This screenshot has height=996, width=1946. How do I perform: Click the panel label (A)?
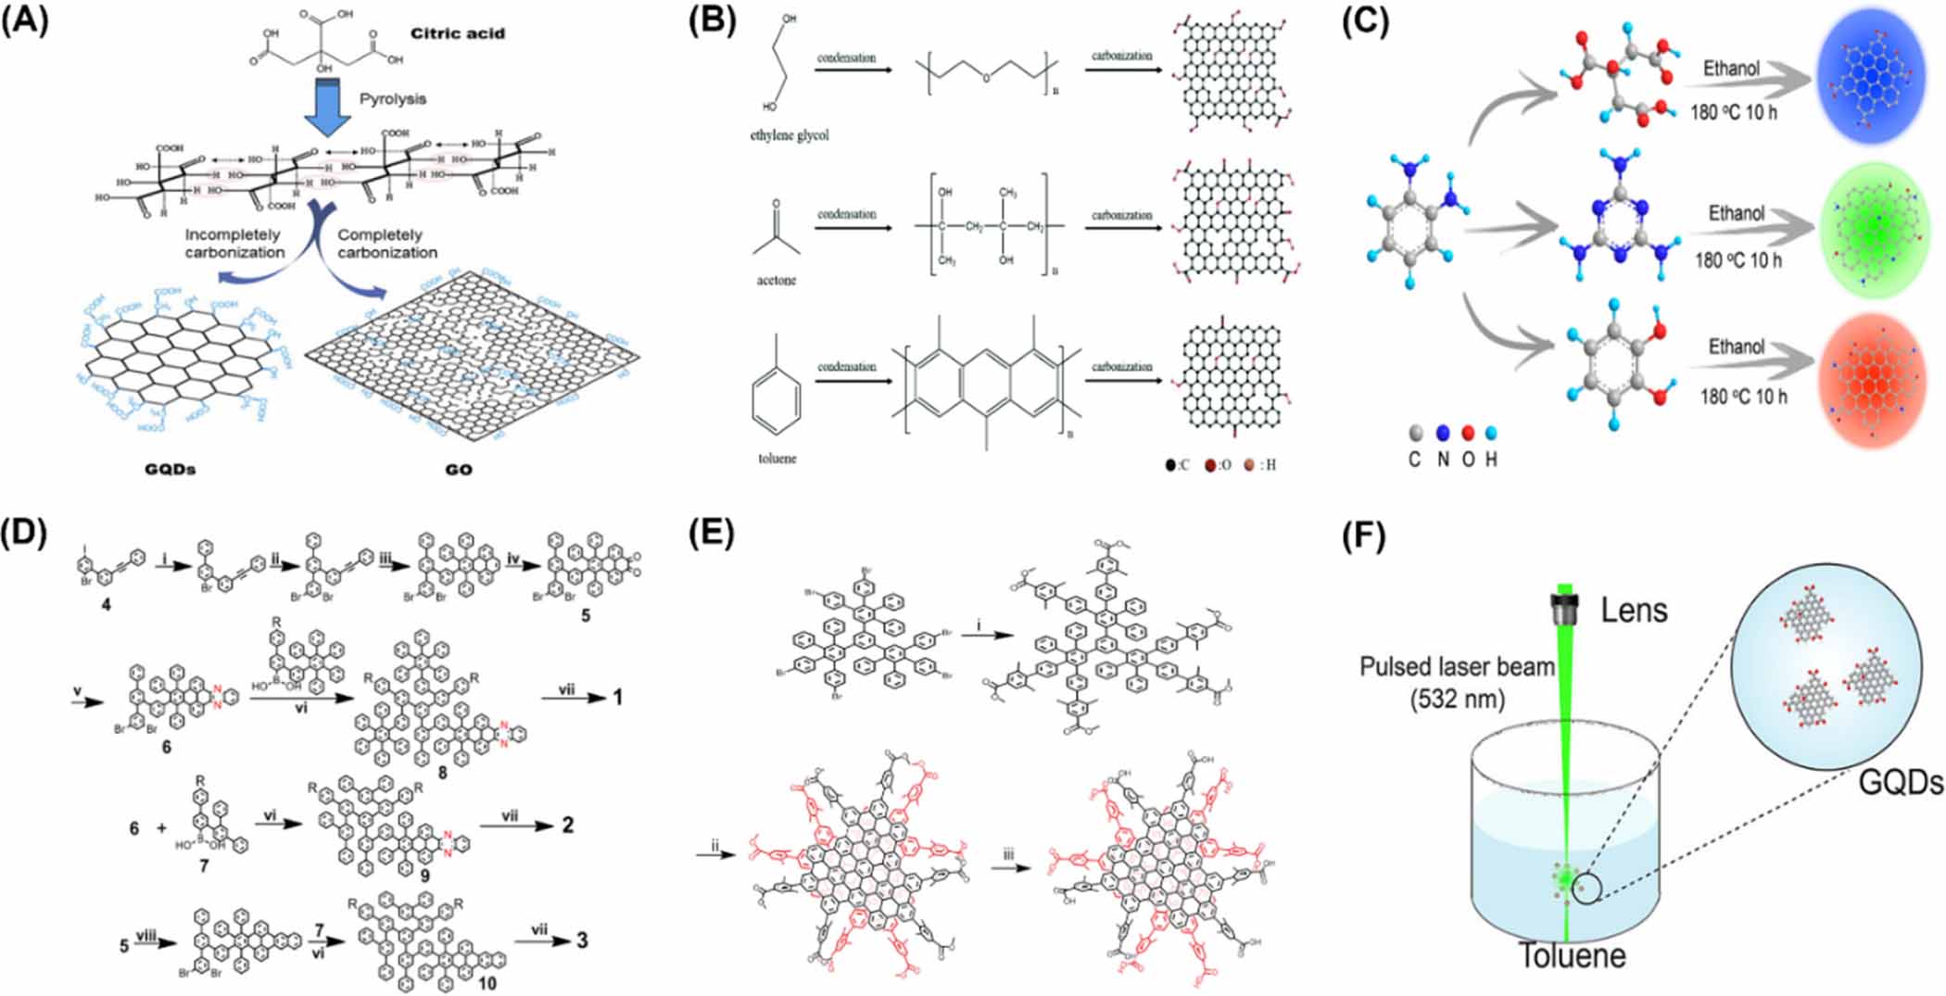point(24,19)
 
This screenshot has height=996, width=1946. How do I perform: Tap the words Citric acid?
point(458,33)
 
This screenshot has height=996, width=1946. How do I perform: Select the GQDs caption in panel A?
point(171,469)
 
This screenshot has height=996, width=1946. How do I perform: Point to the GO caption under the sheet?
point(459,470)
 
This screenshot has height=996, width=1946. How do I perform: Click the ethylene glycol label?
point(790,135)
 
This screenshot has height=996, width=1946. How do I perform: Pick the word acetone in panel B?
point(776,280)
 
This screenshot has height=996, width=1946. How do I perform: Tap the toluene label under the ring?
point(777,458)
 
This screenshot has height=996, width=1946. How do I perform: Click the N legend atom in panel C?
point(1442,434)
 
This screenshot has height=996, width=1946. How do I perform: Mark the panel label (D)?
point(24,535)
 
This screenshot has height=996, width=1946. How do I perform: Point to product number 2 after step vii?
point(568,825)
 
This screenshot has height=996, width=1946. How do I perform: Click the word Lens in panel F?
point(1634,610)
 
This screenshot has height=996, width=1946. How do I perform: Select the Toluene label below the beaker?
point(1572,955)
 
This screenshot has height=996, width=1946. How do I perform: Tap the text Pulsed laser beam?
point(1457,666)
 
